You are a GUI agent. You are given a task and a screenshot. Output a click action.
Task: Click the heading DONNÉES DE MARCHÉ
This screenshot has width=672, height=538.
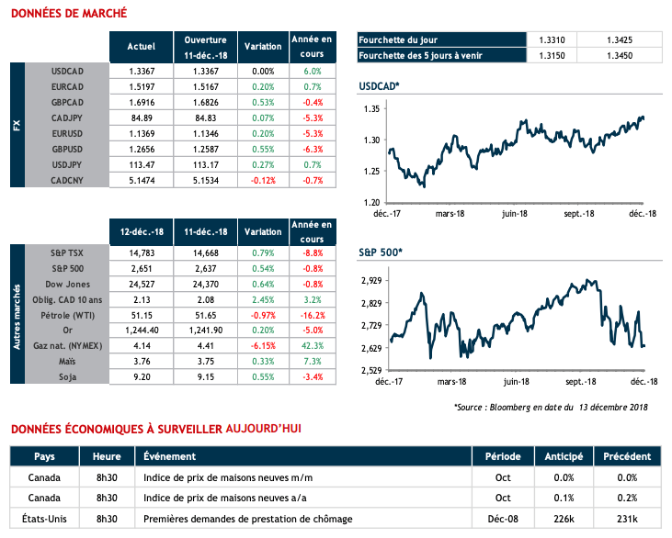[68, 14]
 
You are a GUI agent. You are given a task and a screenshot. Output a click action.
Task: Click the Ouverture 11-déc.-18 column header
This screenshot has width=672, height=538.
[205, 47]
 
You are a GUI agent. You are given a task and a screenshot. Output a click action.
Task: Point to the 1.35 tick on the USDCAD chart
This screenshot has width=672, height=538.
[371, 109]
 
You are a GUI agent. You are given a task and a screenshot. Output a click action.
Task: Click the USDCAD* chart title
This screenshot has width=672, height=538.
[379, 87]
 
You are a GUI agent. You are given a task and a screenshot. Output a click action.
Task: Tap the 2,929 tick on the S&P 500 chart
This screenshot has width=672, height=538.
[370, 281]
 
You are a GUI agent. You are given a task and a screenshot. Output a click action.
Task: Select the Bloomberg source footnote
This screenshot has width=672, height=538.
[550, 407]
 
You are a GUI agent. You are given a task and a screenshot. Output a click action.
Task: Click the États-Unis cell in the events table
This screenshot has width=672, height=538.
[44, 519]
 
